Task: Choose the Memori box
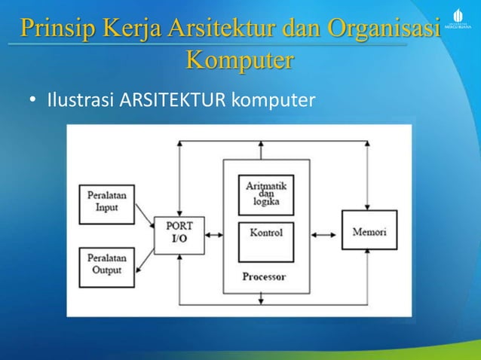(369, 233)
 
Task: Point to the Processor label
(264, 276)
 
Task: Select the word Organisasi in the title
(384, 29)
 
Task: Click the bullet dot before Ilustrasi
(32, 99)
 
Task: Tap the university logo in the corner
(458, 19)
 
